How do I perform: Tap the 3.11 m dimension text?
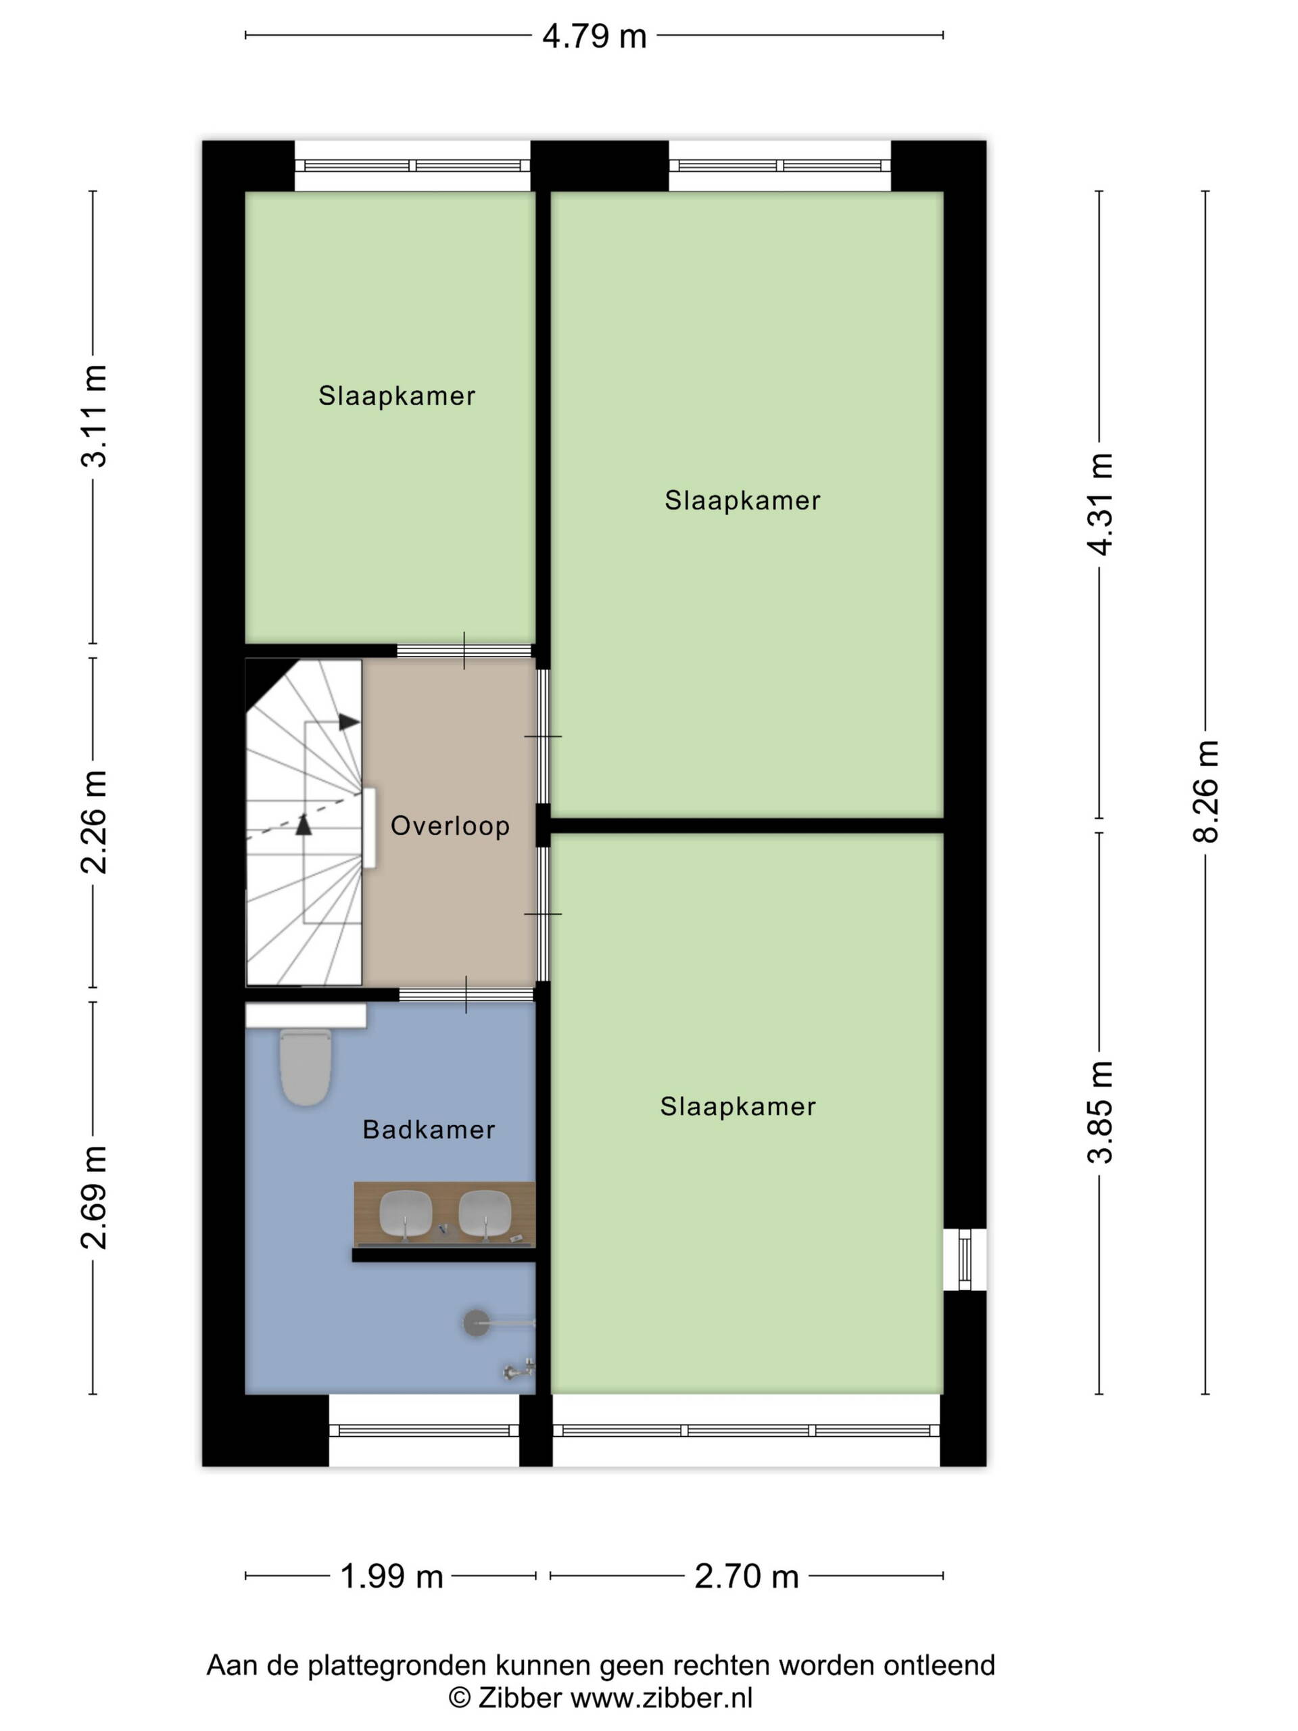pyautogui.click(x=94, y=416)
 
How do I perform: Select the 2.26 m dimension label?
pyautogui.click(x=94, y=822)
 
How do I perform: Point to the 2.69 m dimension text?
pyautogui.click(x=94, y=1197)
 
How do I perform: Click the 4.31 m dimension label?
pyautogui.click(x=1100, y=504)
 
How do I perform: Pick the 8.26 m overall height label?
pyautogui.click(x=1205, y=791)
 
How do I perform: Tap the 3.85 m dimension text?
pyautogui.click(x=1100, y=1112)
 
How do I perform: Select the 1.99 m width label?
pyautogui.click(x=391, y=1576)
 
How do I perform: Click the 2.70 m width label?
pyautogui.click(x=746, y=1576)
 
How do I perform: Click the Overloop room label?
pyautogui.click(x=450, y=826)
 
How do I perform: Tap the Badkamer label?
pyautogui.click(x=429, y=1129)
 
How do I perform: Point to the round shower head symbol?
pyautogui.click(x=476, y=1323)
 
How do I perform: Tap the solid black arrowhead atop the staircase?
pyautogui.click(x=349, y=721)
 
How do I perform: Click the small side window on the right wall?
pyautogui.click(x=965, y=1259)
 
